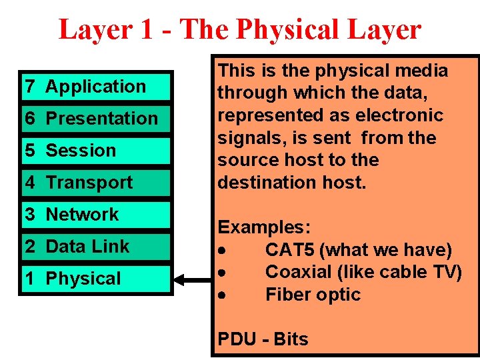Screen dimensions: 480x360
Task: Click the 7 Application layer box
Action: (96, 87)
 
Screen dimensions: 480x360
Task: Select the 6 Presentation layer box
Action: (96, 119)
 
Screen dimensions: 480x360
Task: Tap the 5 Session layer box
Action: (96, 151)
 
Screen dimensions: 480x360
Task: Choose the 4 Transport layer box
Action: (96, 183)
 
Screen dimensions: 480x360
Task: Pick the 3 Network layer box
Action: (96, 215)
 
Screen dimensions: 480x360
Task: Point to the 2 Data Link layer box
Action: (96, 247)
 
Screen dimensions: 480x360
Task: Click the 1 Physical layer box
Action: (96, 279)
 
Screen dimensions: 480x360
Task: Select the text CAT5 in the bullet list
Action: (290, 250)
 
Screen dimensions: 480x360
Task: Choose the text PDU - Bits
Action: (263, 339)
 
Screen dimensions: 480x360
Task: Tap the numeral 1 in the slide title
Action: (145, 29)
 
